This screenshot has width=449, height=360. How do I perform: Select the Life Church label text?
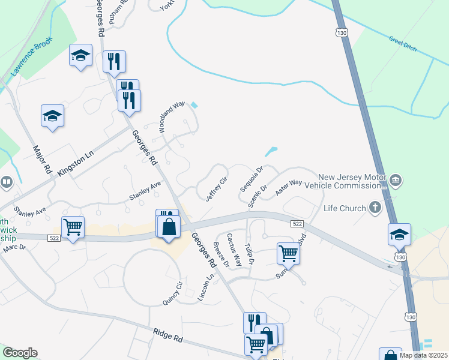345,208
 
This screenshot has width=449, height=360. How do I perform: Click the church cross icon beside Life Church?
375,208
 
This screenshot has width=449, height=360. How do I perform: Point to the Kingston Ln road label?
76,163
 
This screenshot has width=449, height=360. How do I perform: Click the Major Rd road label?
43,159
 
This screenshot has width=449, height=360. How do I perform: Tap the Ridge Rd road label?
167,337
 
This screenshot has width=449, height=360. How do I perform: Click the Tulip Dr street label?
250,254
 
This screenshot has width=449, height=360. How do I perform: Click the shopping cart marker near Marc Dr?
73,227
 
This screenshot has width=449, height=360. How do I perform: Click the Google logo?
20,353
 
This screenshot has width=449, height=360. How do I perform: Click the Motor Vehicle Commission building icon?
396,179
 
